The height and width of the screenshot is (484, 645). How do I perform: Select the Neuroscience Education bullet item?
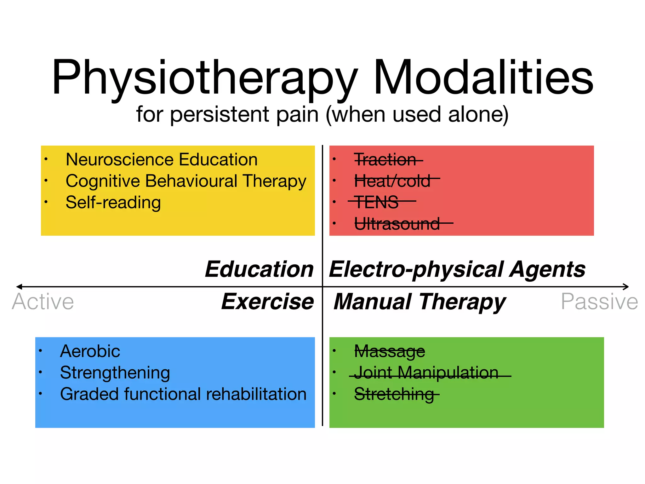tap(161, 159)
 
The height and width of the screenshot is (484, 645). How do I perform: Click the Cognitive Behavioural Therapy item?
tap(186, 181)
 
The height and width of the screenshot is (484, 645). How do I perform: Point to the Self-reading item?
tap(113, 202)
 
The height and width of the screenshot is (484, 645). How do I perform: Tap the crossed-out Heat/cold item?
tap(392, 181)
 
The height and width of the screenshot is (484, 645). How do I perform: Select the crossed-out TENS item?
tap(377, 202)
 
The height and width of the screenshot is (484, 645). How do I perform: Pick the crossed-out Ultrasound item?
tap(397, 224)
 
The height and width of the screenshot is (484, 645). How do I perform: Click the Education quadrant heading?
tap(259, 269)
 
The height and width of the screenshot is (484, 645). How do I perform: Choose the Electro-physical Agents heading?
tap(457, 269)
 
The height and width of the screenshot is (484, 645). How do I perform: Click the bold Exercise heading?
tap(267, 302)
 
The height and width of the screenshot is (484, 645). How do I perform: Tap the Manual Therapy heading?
tap(420, 302)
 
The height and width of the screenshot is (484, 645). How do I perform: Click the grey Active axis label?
tap(43, 302)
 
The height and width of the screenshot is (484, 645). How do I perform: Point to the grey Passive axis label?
tap(599, 302)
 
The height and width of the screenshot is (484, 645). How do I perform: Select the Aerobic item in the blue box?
tap(90, 351)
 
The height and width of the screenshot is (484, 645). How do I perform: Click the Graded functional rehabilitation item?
tap(183, 394)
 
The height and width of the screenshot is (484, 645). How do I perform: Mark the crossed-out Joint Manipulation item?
tap(426, 372)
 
